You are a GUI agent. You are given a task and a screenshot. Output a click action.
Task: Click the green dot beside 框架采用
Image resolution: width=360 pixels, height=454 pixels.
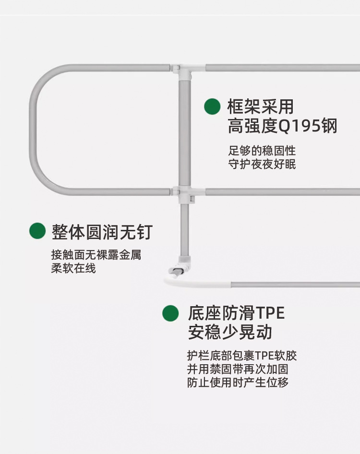pos(212,107)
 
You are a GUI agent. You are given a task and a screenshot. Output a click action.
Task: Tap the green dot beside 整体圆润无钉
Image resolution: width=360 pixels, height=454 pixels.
pos(37,231)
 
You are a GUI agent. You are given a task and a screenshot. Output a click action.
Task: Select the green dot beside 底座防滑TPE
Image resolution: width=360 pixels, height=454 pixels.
pos(170,313)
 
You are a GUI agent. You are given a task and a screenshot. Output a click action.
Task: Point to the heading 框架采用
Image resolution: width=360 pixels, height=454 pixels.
pos(261,107)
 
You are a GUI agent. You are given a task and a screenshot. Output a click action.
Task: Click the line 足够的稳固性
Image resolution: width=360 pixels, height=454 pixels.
pos(262,151)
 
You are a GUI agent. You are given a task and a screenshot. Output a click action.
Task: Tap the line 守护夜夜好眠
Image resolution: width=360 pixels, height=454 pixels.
pos(262,165)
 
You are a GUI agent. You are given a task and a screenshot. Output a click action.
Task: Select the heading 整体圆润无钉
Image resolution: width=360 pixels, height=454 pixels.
pos(102,232)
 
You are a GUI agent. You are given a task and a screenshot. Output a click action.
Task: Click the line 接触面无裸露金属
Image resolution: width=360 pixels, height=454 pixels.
pos(96,255)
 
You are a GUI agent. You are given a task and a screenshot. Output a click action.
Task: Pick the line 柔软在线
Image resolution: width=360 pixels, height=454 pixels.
pos(73,268)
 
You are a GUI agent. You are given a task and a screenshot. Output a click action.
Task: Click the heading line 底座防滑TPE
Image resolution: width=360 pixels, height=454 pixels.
pos(236,314)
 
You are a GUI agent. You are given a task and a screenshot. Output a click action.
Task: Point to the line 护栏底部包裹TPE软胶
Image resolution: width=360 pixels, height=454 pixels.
pos(242,356)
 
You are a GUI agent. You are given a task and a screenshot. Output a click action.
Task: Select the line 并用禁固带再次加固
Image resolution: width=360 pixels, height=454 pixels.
pos(238,370)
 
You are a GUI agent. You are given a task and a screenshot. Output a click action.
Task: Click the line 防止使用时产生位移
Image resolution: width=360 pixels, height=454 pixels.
pos(238,383)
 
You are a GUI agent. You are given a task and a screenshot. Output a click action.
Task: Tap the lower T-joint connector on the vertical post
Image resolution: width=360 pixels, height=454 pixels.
pos(183,195)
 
